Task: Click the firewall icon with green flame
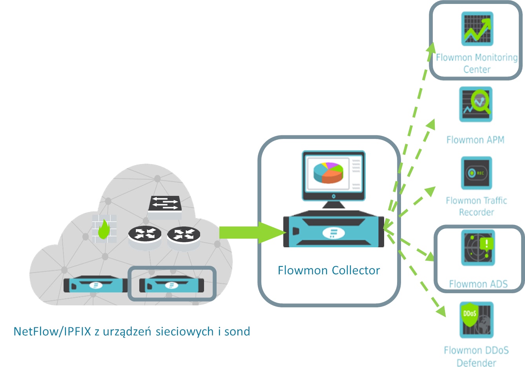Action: click(104, 229)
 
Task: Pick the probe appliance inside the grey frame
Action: click(172, 284)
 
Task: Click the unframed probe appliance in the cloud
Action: click(96, 284)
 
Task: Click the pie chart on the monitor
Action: click(328, 173)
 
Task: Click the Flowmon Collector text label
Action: click(328, 270)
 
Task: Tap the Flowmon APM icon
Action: click(476, 104)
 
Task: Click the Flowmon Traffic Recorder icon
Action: click(476, 173)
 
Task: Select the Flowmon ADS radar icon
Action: click(478, 248)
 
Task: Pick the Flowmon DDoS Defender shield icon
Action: click(476, 320)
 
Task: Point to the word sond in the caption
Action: click(237, 332)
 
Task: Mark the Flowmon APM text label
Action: click(475, 140)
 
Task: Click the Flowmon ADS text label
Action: click(478, 284)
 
